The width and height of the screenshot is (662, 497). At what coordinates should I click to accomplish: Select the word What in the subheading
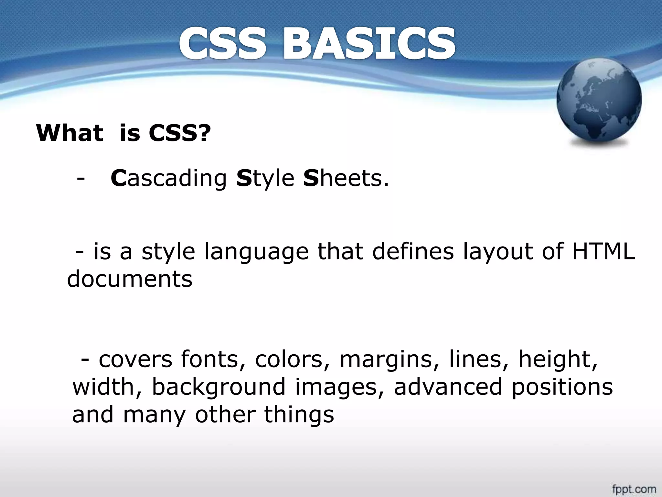click(69, 133)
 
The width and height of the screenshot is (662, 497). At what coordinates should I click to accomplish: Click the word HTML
click(604, 251)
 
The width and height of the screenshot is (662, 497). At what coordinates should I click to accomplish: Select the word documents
click(130, 279)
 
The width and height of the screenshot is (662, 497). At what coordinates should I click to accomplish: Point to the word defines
click(413, 251)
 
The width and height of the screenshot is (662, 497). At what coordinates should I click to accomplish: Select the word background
click(219, 387)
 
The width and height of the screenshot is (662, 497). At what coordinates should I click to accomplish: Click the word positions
click(562, 387)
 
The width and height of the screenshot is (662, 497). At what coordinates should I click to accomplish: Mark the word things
click(299, 415)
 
